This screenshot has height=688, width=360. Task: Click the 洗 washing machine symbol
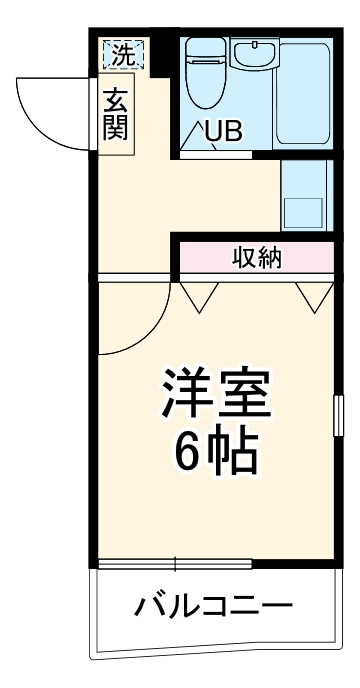(x=122, y=56)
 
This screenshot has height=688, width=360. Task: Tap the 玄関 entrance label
(x=116, y=116)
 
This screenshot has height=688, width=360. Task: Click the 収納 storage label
(x=257, y=259)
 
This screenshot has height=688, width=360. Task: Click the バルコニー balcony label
(x=213, y=605)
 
